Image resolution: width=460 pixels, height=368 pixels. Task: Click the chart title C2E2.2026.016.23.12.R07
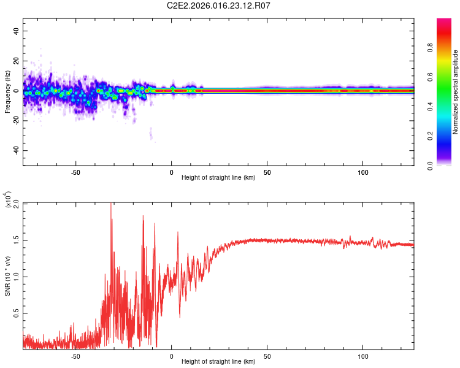coord(218,6)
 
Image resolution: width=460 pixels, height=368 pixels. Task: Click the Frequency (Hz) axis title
coord(7,91)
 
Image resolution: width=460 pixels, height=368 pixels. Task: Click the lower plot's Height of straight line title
coord(218,362)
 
